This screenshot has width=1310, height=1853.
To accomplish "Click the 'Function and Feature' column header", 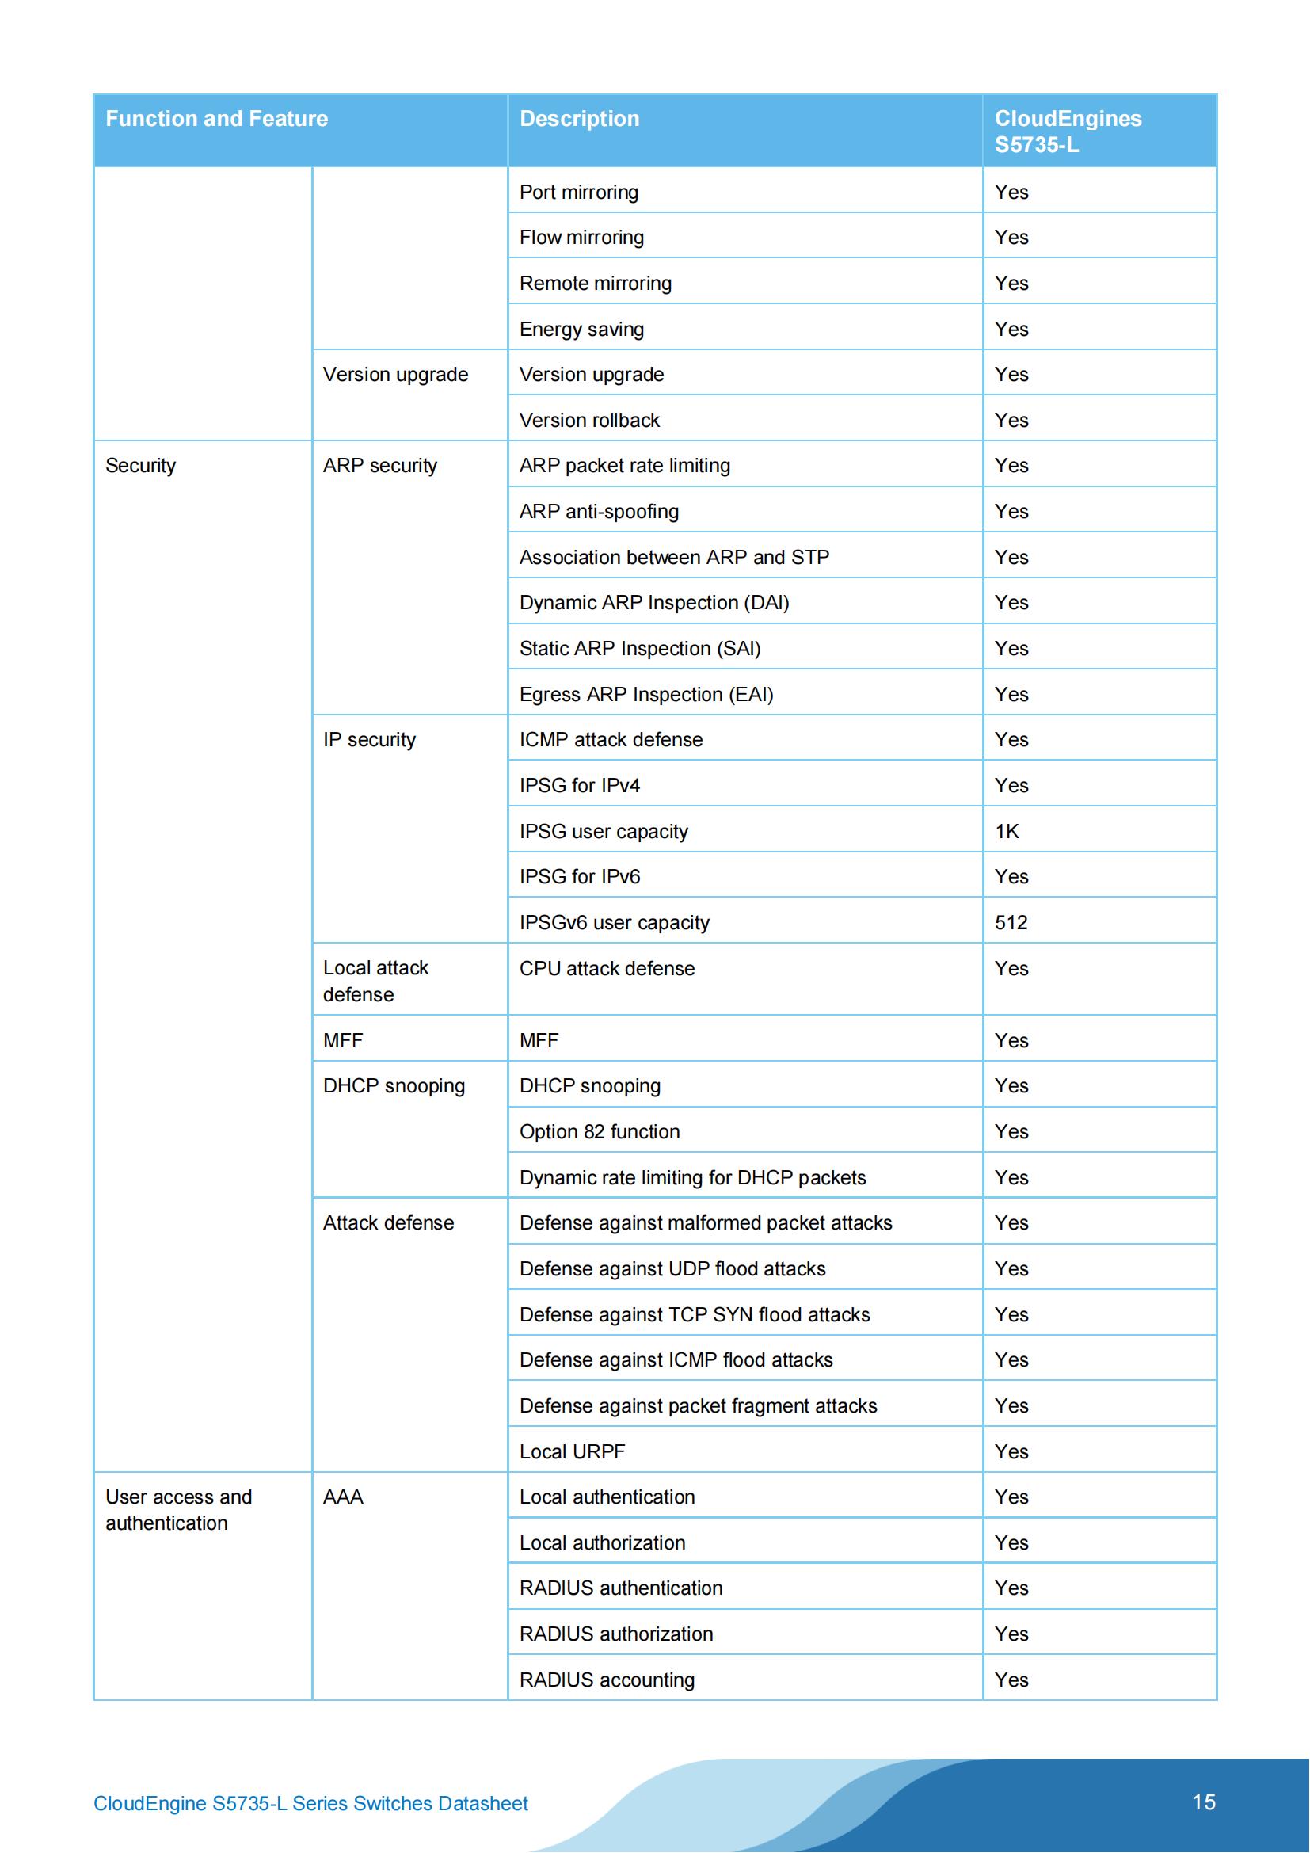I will coord(216,119).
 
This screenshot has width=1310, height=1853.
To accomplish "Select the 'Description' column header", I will coord(578,119).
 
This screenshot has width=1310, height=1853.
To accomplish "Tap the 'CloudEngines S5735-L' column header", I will coord(1067,132).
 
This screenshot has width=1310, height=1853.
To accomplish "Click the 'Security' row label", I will coord(140,466).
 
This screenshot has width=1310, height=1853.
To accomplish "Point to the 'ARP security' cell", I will coord(380,466).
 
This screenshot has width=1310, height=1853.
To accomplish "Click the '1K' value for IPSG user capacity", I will coord(1007,831).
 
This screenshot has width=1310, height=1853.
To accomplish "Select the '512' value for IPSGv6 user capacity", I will coord(1011,922).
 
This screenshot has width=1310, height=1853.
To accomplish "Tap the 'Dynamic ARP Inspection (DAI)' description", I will coord(653,603).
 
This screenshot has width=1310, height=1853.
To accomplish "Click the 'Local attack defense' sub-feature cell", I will coord(376,981).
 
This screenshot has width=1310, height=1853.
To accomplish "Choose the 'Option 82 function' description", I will coord(600,1131).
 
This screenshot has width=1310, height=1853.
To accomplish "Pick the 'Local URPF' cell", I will coord(572,1452).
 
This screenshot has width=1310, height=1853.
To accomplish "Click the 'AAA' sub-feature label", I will coord(343,1497).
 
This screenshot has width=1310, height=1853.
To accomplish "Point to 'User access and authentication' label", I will coord(178,1510).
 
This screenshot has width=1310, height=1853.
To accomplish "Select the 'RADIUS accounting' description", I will coord(607,1680).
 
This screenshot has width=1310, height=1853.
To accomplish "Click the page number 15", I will coord(1203,1802).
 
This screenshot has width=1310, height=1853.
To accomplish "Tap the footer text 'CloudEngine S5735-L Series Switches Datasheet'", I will coord(310,1804).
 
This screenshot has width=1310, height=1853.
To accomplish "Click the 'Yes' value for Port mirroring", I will coord(1011,192).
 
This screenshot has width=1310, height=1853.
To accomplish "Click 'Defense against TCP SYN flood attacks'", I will coord(695,1315).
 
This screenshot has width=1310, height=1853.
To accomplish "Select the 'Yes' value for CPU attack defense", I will coord(1011,968).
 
